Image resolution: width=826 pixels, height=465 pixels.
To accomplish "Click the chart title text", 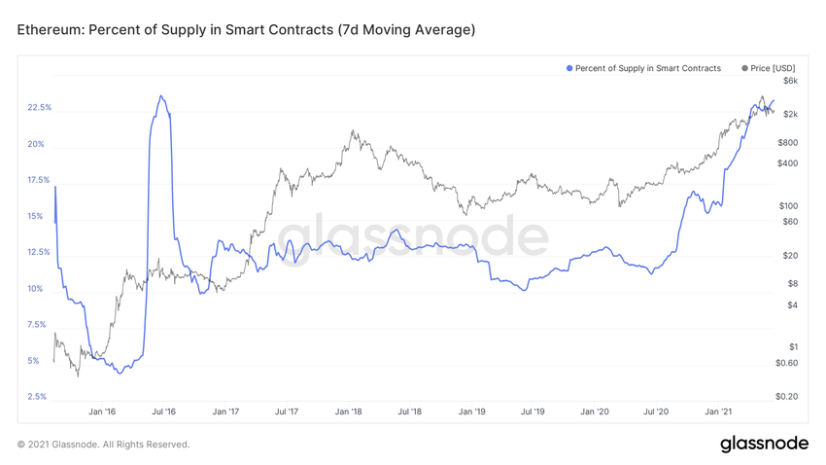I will coord(246,30).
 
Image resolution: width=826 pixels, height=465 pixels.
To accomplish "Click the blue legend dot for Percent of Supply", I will coord(568,68).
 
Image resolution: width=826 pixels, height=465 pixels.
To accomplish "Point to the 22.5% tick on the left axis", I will coord(40,107).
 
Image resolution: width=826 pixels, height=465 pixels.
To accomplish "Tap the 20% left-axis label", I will coord(36,144).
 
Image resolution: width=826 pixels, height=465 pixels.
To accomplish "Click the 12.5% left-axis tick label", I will coord(40,252).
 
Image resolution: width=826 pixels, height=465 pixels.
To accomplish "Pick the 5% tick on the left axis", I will coord(34,361).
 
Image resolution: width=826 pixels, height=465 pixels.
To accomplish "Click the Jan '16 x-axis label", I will coord(103,412).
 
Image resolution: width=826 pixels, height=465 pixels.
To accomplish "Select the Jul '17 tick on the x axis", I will coord(287,412).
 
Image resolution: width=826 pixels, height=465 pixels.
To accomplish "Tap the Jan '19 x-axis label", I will coord(471,412).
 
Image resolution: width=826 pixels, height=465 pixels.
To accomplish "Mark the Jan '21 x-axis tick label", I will coord(717,412).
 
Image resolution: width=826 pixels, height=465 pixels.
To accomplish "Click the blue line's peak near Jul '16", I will coord(161,95).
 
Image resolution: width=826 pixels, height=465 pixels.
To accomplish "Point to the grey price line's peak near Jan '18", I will coord(353,130).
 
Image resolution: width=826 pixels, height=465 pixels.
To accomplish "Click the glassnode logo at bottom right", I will coord(764,444).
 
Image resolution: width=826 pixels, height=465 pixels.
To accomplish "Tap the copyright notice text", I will coord(104,445).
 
